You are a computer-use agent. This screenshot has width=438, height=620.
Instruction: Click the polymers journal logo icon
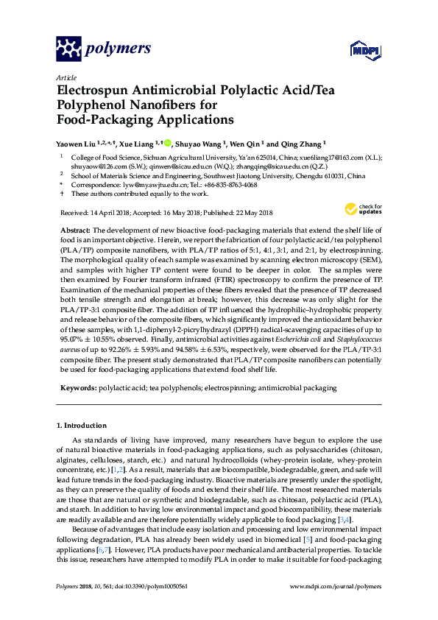click(x=69, y=49)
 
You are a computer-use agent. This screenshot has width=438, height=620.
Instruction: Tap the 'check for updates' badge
click(x=365, y=210)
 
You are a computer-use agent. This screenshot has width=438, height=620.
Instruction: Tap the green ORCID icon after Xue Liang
click(x=168, y=144)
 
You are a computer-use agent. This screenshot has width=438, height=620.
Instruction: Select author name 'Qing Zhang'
click(x=300, y=144)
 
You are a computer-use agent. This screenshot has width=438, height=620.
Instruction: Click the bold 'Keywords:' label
click(x=79, y=387)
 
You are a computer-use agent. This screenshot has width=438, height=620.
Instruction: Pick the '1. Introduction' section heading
click(x=81, y=426)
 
